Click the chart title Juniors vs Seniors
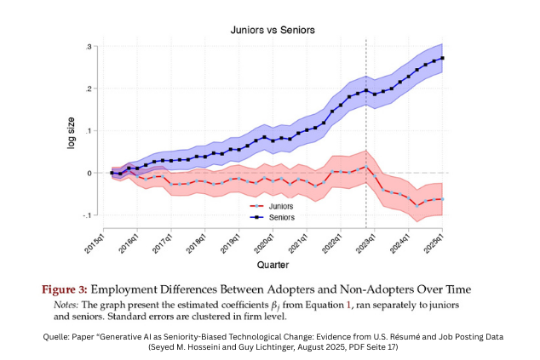tap(273, 30)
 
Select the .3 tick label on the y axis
tap(89, 46)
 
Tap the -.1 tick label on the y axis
tap(88, 214)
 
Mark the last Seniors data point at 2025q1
tap(444, 58)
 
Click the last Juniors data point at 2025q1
tap(444, 198)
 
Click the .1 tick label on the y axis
tap(89, 130)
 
